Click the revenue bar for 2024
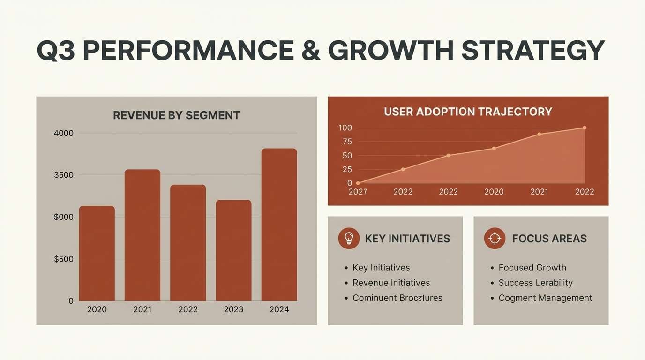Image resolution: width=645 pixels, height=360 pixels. point(279,225)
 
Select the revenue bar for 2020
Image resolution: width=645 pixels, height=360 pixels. point(97,253)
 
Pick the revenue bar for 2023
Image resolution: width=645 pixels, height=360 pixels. point(233,250)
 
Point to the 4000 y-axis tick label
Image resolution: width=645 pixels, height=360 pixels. point(64,133)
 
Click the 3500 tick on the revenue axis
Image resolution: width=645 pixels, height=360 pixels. point(64,175)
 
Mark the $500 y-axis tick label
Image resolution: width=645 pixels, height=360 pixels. point(64,259)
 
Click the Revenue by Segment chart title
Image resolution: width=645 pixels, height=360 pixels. point(176,115)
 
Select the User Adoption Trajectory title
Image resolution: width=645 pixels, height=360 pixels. point(468,112)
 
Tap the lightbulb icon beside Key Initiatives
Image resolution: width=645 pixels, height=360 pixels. point(349,238)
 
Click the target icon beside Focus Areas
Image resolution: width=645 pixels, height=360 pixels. point(495,238)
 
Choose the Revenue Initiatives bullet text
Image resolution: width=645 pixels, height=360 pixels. point(391,283)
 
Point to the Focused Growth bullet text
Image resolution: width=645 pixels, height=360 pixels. point(532,268)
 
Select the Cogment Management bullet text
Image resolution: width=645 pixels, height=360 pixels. point(545,298)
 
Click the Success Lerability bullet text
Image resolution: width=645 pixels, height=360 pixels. point(535,283)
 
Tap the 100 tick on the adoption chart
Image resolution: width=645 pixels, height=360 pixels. point(345,128)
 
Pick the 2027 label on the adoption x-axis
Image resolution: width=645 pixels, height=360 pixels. point(358,192)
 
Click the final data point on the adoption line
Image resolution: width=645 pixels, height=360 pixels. point(585,127)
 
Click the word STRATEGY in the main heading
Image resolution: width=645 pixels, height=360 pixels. point(533,51)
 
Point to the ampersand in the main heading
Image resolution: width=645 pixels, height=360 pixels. point(311,51)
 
